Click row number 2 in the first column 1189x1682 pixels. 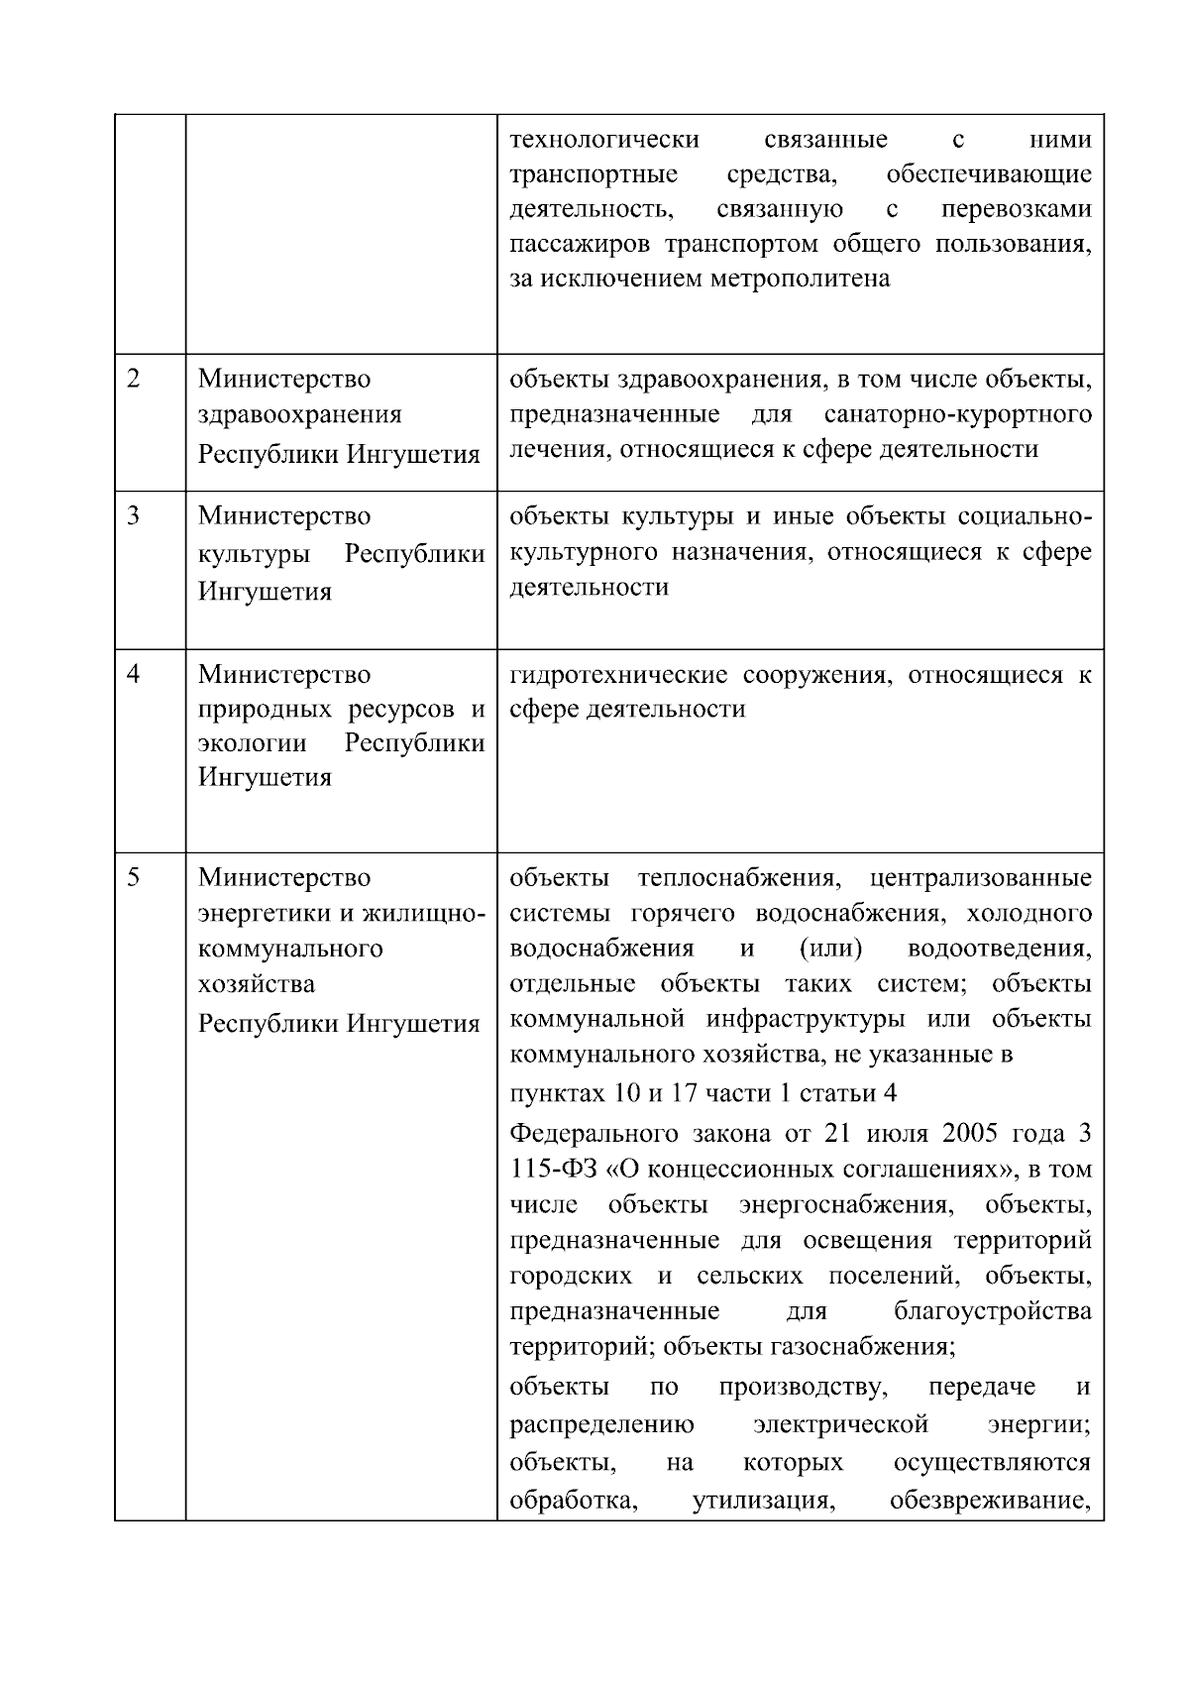134,380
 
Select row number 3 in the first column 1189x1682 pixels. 134,516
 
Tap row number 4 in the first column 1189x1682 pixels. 134,674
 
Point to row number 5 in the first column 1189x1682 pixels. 134,877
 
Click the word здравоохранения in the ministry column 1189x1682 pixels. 300,415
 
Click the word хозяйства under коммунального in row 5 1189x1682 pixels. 257,984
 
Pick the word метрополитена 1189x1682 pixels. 800,279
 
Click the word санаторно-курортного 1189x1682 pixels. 958,413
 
